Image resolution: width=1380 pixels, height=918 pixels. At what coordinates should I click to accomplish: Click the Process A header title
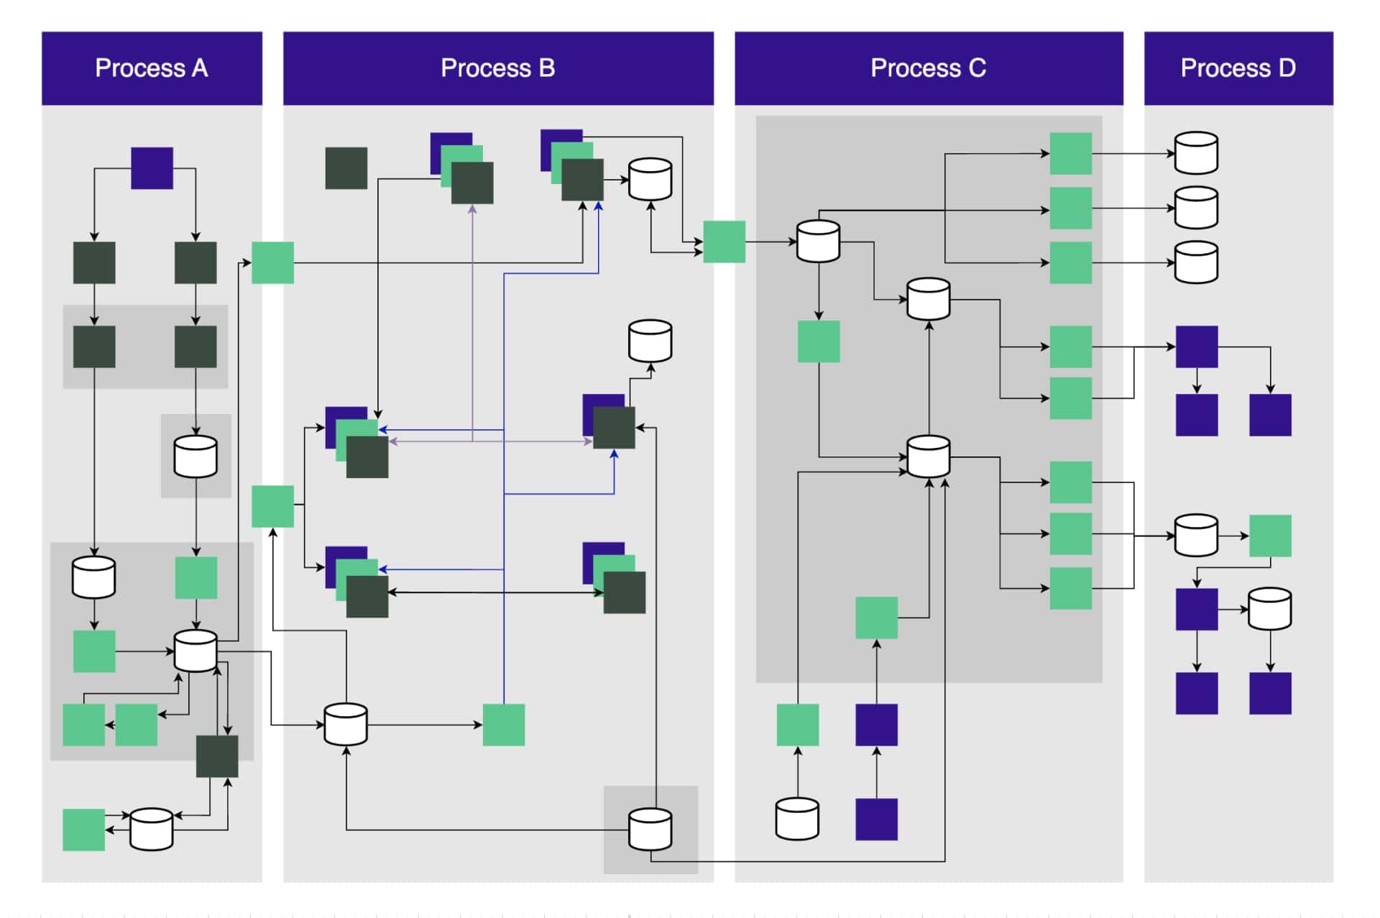pyautogui.click(x=152, y=68)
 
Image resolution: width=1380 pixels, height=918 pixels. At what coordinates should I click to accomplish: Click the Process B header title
pyautogui.click(x=497, y=68)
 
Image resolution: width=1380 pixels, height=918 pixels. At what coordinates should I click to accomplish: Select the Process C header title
pyautogui.click(x=928, y=68)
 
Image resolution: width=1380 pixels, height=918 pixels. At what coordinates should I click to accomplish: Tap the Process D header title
pyautogui.click(x=1238, y=68)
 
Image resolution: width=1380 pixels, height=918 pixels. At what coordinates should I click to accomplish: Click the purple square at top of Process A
pyautogui.click(x=152, y=168)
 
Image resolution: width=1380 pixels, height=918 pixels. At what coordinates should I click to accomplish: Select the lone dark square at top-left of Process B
pyautogui.click(x=346, y=168)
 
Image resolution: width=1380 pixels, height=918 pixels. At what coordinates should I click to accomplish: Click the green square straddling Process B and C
pyautogui.click(x=724, y=242)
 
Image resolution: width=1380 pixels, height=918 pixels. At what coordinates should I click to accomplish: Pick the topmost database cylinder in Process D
pyautogui.click(x=1196, y=153)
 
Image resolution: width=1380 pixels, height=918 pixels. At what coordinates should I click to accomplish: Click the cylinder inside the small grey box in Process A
pyautogui.click(x=195, y=456)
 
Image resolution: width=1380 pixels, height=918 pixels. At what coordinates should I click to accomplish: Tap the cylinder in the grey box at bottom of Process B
pyautogui.click(x=650, y=830)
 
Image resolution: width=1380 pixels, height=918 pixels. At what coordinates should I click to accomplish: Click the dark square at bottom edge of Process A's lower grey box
pyautogui.click(x=217, y=756)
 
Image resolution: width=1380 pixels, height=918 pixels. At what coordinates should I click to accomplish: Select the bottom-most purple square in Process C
pyautogui.click(x=876, y=819)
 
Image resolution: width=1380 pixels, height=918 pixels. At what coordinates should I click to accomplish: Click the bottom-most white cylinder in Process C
pyautogui.click(x=797, y=819)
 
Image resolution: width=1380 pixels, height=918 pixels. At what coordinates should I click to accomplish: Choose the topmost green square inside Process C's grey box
pyautogui.click(x=1070, y=153)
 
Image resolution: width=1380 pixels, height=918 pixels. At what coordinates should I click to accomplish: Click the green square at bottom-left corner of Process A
pyautogui.click(x=83, y=830)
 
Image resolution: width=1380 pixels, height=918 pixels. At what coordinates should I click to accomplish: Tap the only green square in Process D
pyautogui.click(x=1270, y=536)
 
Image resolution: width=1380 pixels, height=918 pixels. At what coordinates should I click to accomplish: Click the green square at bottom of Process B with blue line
pyautogui.click(x=503, y=725)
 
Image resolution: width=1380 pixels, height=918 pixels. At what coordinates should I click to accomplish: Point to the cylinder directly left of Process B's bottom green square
pyautogui.click(x=346, y=725)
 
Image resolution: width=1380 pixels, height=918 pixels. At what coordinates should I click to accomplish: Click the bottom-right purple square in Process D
pyautogui.click(x=1270, y=693)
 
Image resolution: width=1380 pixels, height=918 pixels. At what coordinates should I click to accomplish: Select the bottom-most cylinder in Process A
pyautogui.click(x=151, y=830)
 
